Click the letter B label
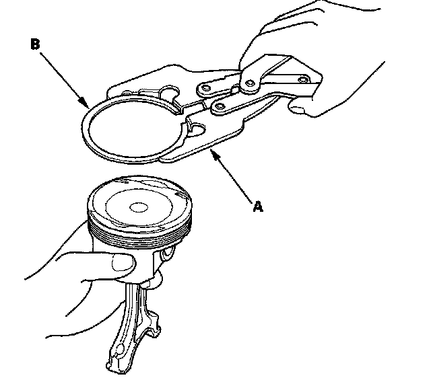coord(35,45)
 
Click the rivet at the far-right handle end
coord(301,80)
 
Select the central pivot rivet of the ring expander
coord(249,83)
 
